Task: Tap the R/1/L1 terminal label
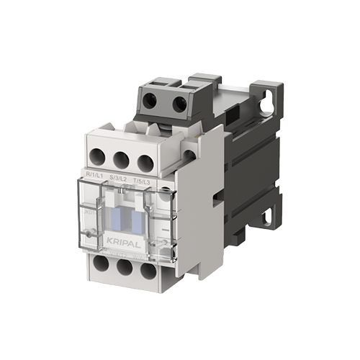[95, 175]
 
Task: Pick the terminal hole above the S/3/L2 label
[121, 158]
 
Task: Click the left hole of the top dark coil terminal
[149, 101]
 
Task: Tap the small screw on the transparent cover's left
[89, 234]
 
